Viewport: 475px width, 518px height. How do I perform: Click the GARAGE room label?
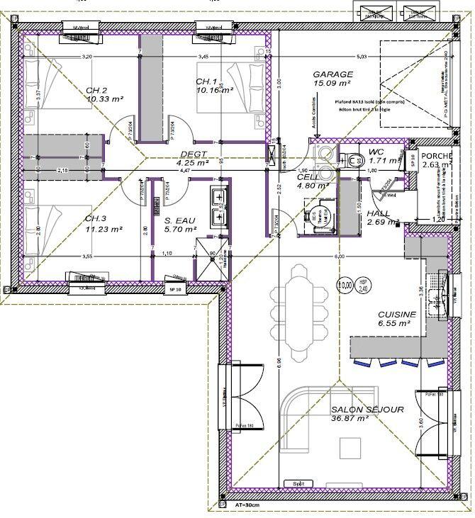point(332,74)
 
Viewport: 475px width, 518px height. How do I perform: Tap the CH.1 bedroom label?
point(206,81)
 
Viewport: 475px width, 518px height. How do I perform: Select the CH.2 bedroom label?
point(96,90)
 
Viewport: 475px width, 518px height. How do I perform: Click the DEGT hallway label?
point(194,154)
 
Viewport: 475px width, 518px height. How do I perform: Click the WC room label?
point(376,152)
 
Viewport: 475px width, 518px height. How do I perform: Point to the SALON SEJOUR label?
point(367,410)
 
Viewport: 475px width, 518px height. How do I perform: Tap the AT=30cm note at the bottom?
point(249,506)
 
